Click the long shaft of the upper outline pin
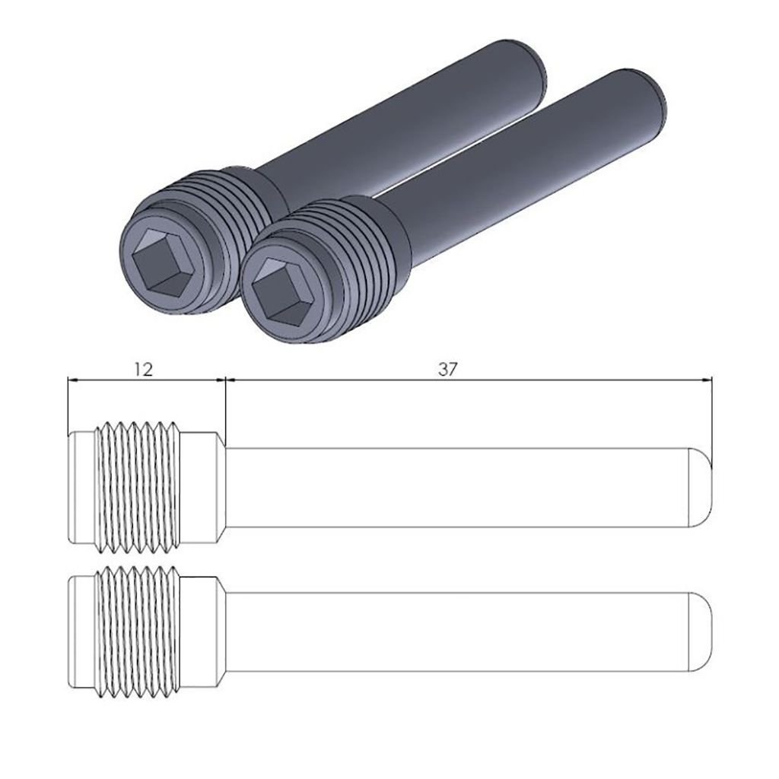(456, 487)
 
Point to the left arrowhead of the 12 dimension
(72, 380)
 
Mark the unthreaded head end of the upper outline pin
(80, 487)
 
